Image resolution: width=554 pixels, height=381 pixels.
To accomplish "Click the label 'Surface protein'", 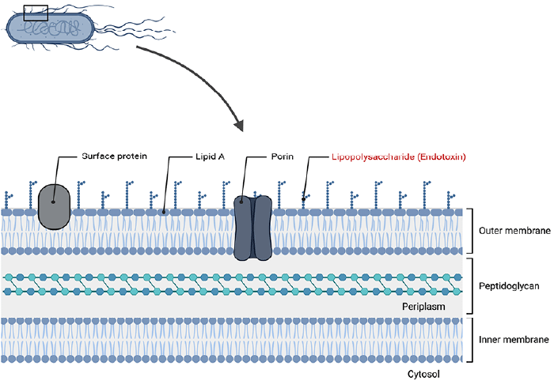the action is coord(114,157).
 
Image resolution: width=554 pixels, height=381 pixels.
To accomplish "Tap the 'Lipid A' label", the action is coord(210,157).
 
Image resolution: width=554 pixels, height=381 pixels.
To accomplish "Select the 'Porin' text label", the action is coord(283,157).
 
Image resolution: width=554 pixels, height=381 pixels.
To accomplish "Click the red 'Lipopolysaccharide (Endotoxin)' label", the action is coord(399,157).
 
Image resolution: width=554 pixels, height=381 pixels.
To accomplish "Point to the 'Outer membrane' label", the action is coord(514,231).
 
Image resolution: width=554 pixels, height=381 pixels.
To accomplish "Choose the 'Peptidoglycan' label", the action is coord(509,286).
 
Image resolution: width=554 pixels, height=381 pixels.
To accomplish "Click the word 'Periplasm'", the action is coord(423,307).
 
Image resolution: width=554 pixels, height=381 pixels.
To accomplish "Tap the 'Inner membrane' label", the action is coord(514,339).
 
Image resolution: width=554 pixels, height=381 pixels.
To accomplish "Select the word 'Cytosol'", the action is coord(423,374).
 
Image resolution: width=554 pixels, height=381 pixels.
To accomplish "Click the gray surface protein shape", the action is coord(54,207).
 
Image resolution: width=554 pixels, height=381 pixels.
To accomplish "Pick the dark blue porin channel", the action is coord(252,228).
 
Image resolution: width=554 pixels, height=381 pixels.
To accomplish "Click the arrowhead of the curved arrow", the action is coord(239,125).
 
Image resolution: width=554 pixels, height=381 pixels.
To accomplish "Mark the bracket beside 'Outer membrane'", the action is coord(472,231).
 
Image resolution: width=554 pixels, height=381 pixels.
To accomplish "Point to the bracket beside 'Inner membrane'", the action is coord(472,340).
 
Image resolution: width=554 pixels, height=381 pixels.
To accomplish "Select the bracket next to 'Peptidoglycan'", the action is coord(472,286).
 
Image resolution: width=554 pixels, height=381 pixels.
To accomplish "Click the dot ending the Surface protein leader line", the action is coord(53,202).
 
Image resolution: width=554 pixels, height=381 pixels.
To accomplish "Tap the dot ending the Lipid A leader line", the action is coord(164,212).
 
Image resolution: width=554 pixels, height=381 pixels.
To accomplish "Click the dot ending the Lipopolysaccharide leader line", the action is coord(303,199).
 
